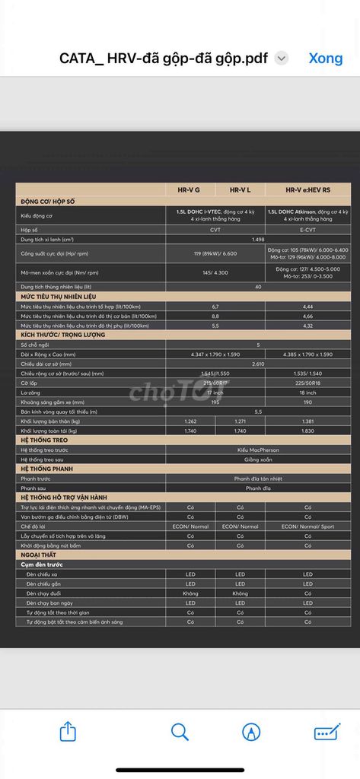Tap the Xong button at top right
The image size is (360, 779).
pos(325,58)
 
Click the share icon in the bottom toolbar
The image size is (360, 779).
pos(68,732)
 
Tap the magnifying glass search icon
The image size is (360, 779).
pos(180,732)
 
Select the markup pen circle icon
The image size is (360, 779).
pos(251,732)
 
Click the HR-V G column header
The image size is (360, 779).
pos(189,190)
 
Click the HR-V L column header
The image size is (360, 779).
pos(240,190)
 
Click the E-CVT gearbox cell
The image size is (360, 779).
pos(307,229)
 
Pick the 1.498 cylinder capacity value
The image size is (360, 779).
pos(258,239)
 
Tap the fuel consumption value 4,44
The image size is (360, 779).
pos(307,306)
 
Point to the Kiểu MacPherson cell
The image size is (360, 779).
pos(258,450)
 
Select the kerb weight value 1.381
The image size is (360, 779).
pos(307,421)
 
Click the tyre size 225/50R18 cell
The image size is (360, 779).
pos(307,383)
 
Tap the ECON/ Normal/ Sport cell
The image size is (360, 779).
pos(307,526)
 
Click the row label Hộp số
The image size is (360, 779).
pos(30,229)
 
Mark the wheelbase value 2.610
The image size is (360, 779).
pos(258,364)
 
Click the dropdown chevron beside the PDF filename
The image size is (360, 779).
pos(282,58)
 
